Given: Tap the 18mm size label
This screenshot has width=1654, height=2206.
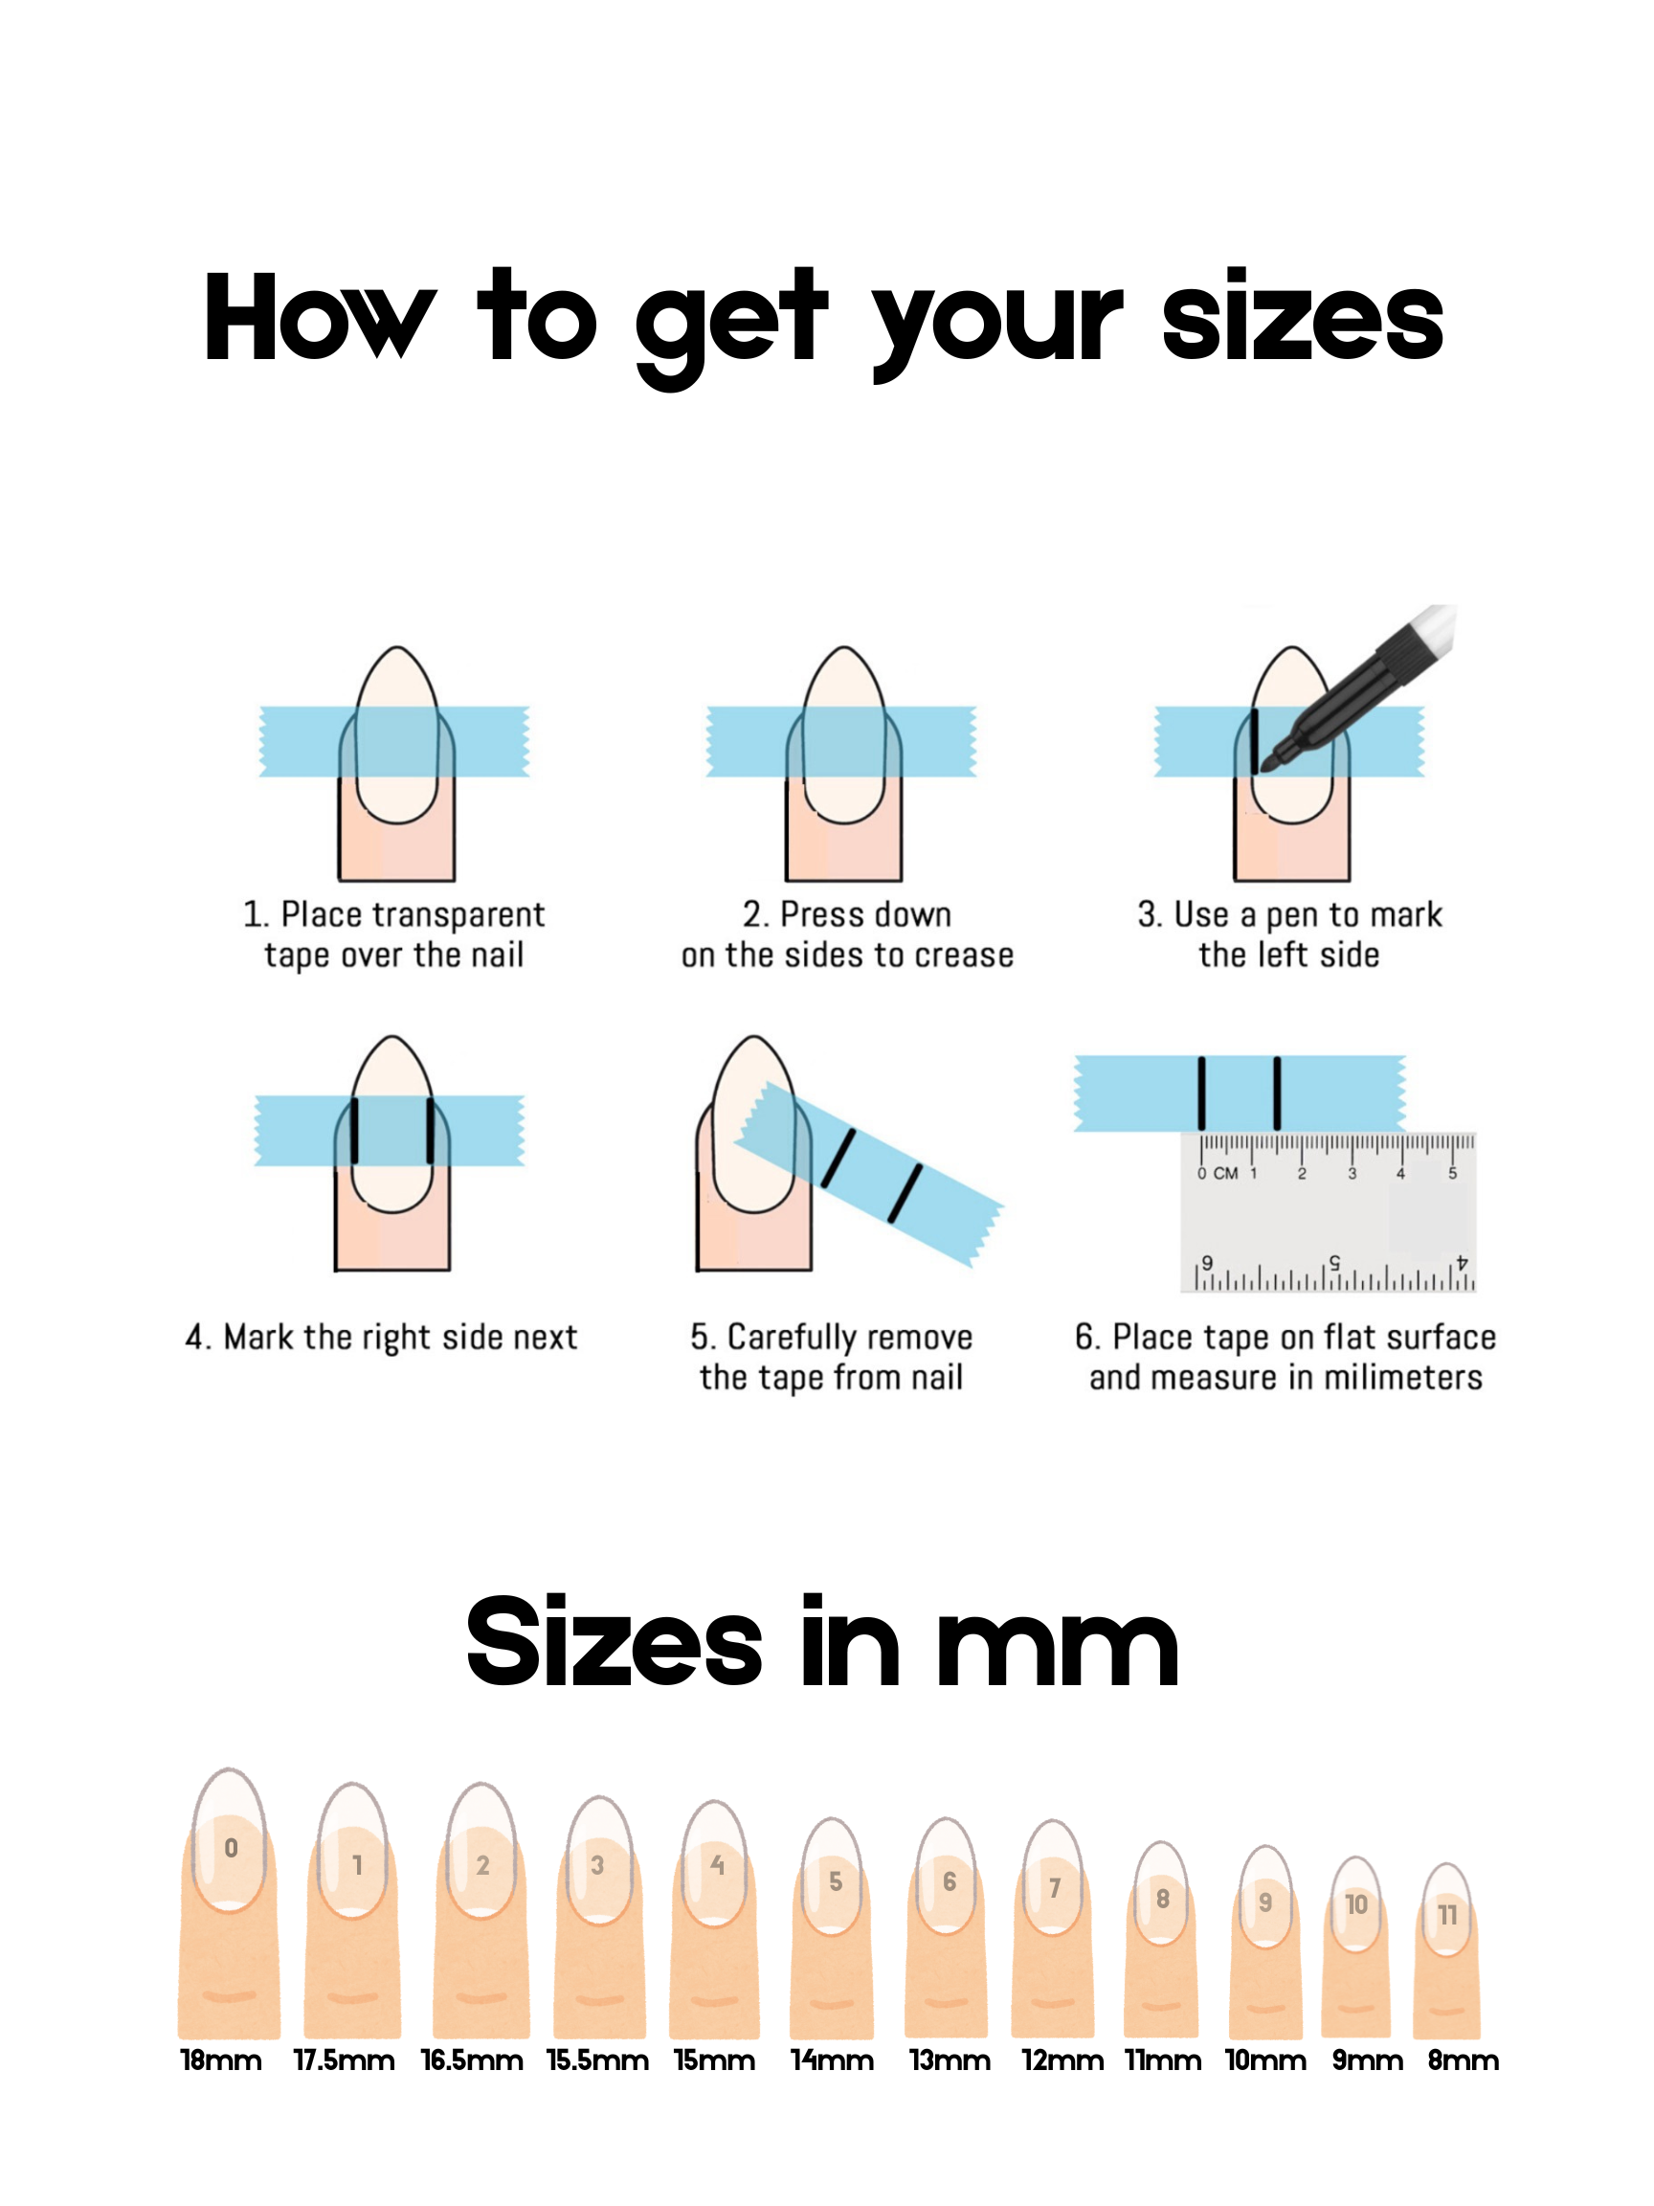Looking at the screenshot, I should [x=220, y=2060].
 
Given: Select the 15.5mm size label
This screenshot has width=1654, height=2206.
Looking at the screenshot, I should [x=597, y=2060].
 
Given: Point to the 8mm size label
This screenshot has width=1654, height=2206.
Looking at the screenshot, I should [x=1462, y=2060].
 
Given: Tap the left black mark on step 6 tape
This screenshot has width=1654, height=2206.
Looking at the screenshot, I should [x=1201, y=1093].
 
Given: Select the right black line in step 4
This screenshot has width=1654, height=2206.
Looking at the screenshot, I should [x=431, y=1130].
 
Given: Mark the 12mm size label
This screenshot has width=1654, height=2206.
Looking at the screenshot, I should [x=1062, y=2060].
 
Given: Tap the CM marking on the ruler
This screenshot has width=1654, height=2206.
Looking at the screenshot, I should [x=1225, y=1174].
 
